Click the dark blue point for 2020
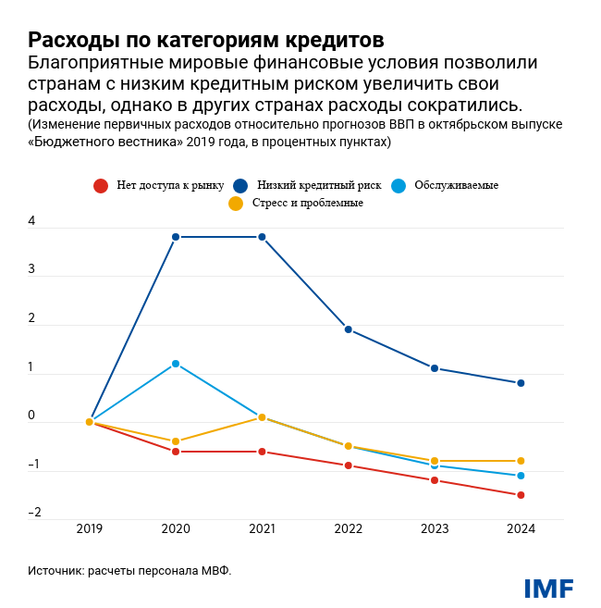(176, 237)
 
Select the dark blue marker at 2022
(349, 329)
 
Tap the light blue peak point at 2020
(176, 364)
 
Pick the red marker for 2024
(521, 495)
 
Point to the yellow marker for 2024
(521, 461)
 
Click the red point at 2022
(349, 465)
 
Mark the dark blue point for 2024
(521, 383)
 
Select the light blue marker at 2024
(521, 476)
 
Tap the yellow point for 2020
(176, 441)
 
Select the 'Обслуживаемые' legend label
(457, 185)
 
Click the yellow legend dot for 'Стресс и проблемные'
(236, 204)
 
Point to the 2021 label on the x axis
(262, 530)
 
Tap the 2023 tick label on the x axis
(435, 530)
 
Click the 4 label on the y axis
(31, 222)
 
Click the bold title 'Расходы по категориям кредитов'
(205, 41)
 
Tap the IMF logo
(548, 589)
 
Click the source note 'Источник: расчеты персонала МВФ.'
(129, 571)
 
